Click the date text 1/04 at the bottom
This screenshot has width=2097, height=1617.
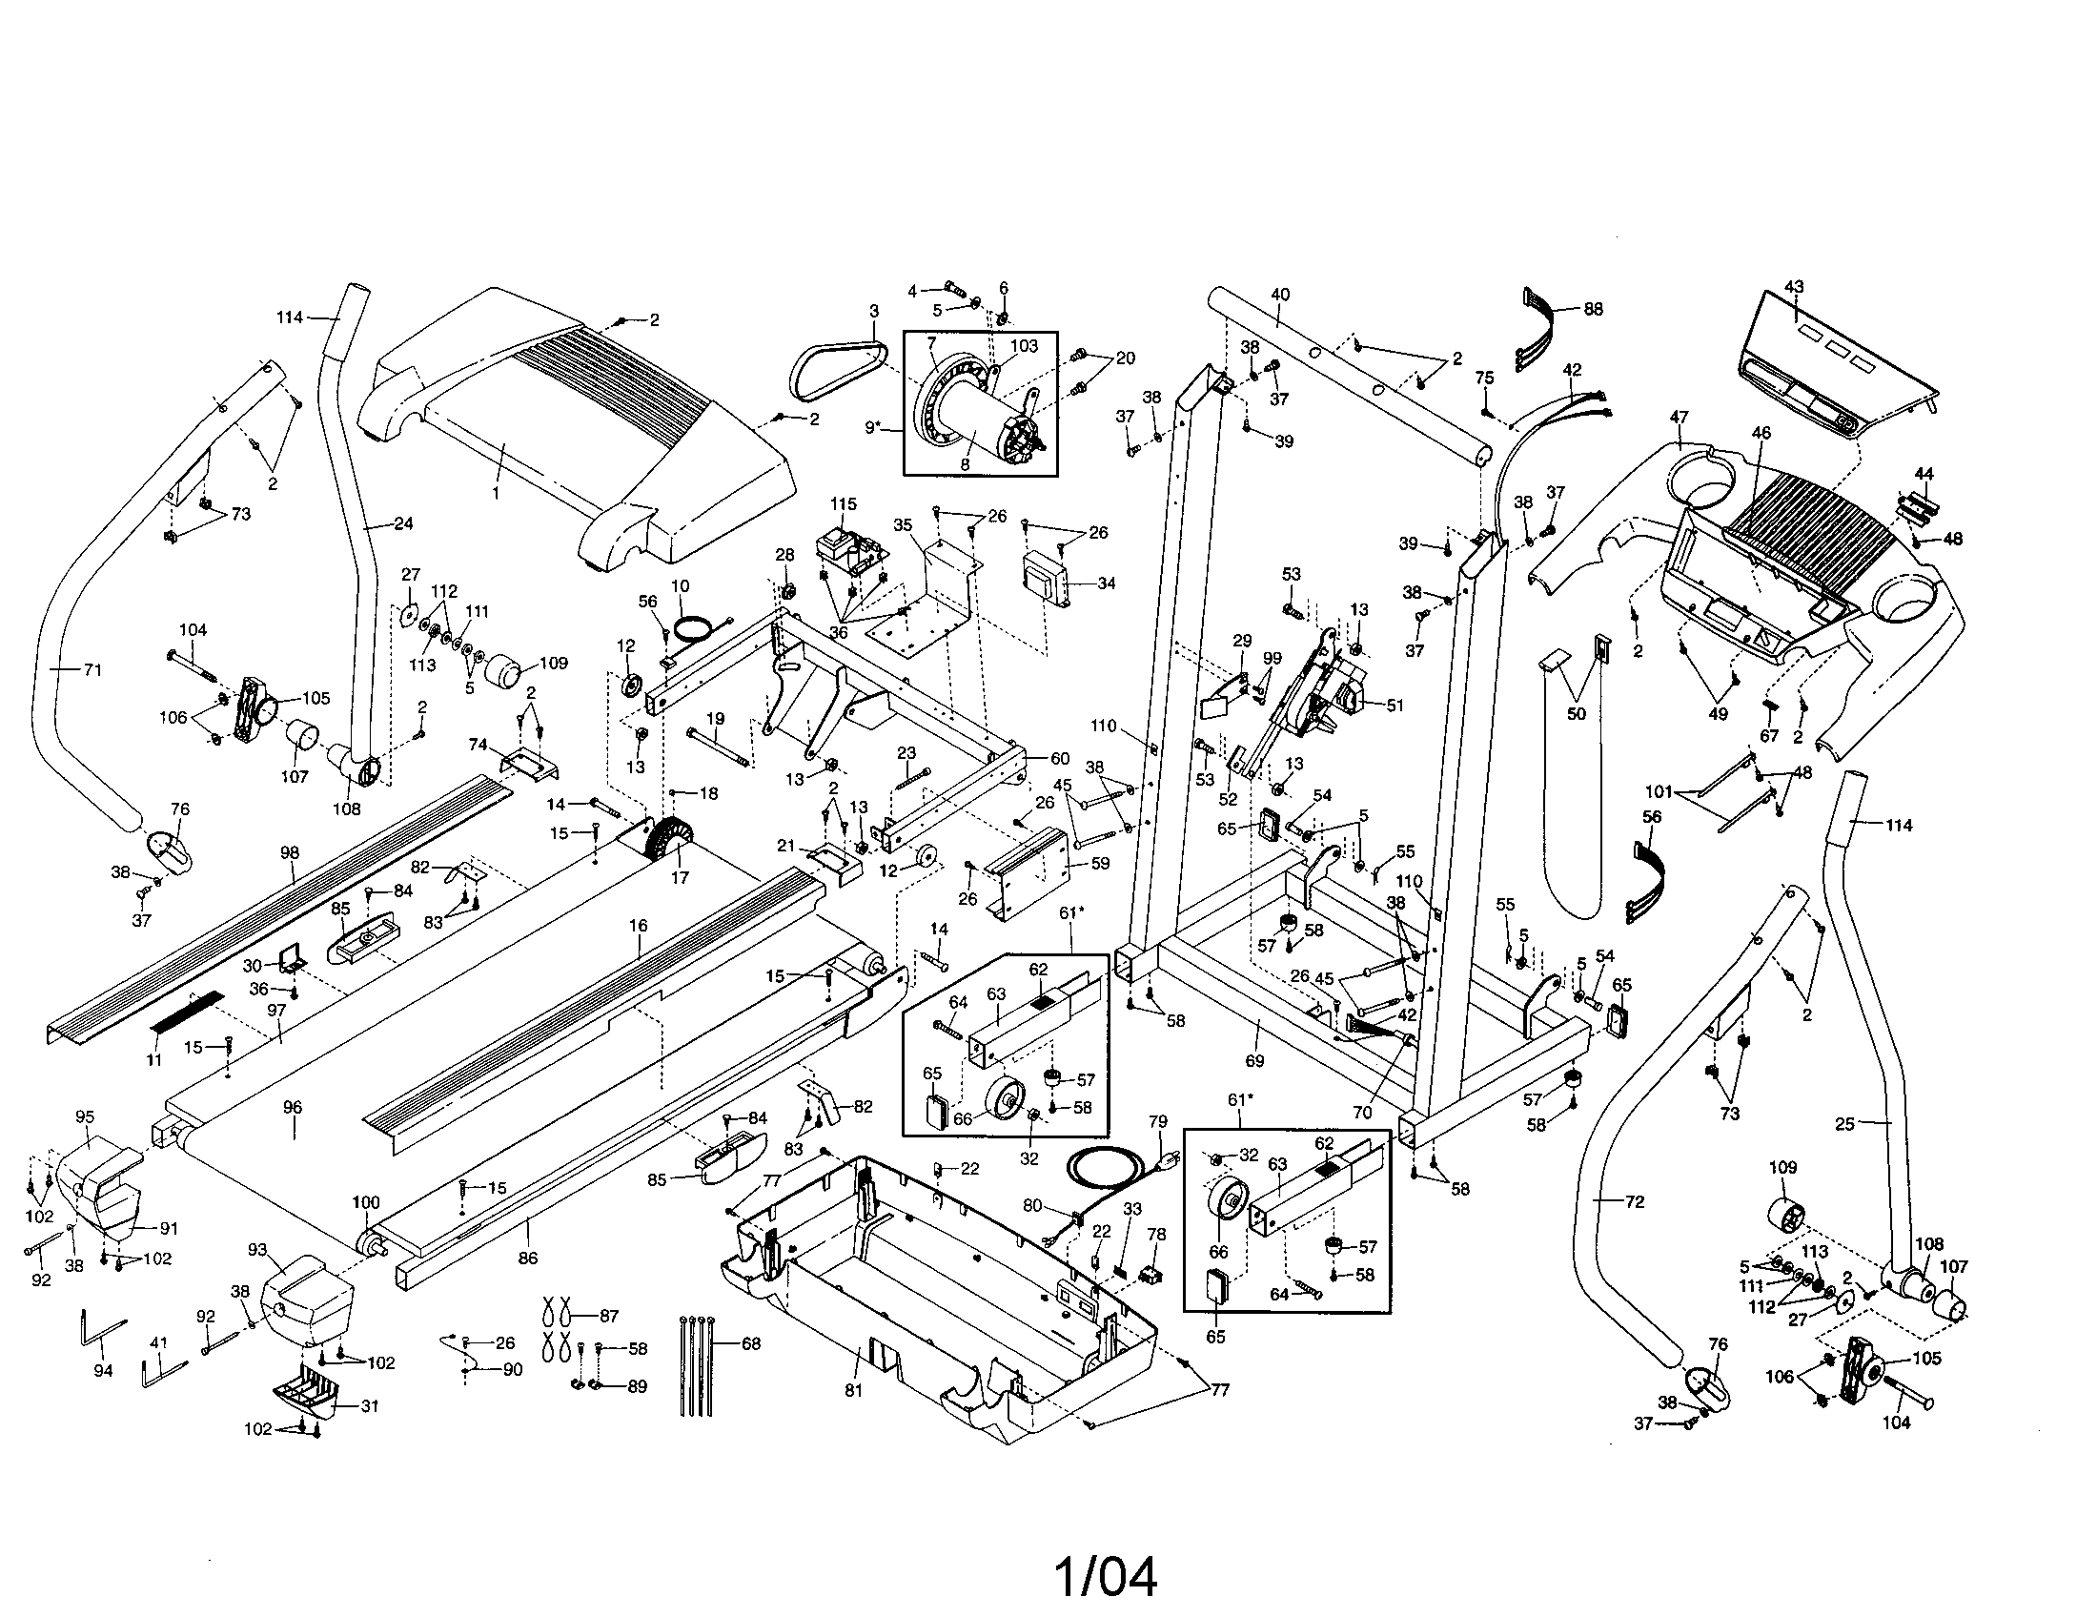click(x=1106, y=1578)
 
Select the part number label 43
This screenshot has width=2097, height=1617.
click(x=1794, y=286)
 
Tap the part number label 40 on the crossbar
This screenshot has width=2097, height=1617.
click(x=1280, y=295)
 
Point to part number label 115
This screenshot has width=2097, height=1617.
click(x=843, y=504)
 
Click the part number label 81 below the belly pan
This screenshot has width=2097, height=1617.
click(x=854, y=1390)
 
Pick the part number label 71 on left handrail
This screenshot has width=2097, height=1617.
click(x=92, y=670)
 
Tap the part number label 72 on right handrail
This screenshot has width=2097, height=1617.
click(x=1634, y=1201)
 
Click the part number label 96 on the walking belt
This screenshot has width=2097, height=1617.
click(x=293, y=1107)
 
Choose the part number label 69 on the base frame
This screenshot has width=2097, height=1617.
click(x=1254, y=1061)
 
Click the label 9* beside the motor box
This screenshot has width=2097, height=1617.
click(x=873, y=427)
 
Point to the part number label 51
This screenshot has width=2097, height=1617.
click(x=1395, y=705)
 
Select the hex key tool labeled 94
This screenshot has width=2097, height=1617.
click(x=101, y=1333)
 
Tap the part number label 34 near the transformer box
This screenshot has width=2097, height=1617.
click(x=1106, y=583)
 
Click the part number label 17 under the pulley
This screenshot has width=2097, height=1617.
click(x=680, y=878)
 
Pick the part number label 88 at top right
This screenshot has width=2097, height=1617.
click(x=1593, y=309)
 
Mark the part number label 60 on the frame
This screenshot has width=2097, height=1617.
click(x=1059, y=759)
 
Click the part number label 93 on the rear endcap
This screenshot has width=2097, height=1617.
click(x=257, y=1249)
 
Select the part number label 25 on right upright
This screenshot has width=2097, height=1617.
click(x=1844, y=1123)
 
